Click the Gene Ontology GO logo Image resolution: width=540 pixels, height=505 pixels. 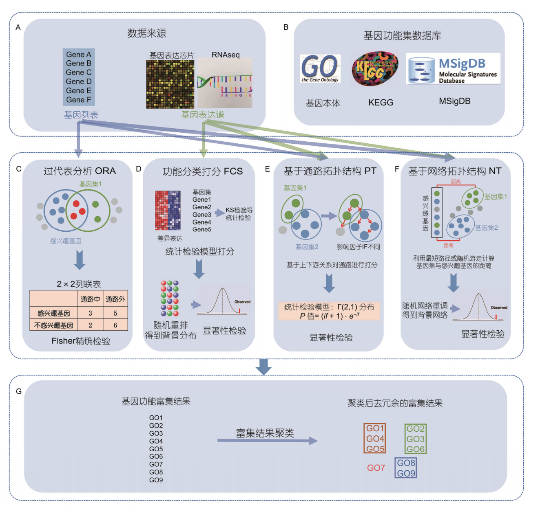[x=320, y=68]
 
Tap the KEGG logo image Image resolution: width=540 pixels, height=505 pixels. [x=374, y=68]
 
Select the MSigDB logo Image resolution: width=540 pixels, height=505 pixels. [x=453, y=69]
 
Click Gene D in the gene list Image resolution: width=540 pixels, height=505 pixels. [x=79, y=81]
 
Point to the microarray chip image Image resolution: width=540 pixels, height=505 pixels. [x=170, y=84]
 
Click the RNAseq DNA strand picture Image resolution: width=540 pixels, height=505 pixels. [x=225, y=83]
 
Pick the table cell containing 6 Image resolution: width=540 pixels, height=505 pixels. [x=115, y=325]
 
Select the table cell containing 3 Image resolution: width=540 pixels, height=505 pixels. [x=90, y=313]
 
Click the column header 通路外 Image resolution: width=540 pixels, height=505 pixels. [x=115, y=299]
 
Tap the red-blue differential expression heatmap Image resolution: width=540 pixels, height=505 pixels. [x=168, y=211]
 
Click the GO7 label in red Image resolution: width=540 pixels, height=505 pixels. [x=376, y=468]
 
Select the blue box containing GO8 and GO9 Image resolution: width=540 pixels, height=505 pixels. [x=406, y=468]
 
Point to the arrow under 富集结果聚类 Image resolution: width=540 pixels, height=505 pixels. [x=267, y=440]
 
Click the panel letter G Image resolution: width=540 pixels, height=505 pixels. [x=19, y=391]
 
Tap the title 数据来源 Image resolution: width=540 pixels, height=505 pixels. [x=146, y=33]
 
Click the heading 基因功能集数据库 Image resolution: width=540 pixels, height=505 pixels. [x=402, y=36]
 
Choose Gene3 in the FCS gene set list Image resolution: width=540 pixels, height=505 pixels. [x=202, y=215]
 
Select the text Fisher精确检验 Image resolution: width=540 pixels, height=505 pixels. [x=81, y=341]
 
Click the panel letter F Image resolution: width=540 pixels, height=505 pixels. [x=396, y=169]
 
